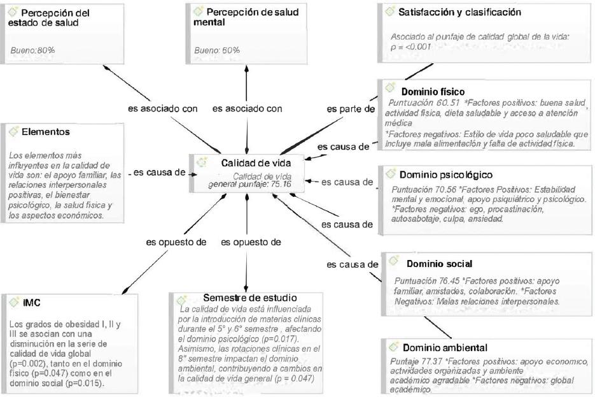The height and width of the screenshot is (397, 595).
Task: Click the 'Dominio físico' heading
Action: click(x=433, y=92)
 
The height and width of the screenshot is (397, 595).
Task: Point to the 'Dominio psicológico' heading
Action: click(x=445, y=174)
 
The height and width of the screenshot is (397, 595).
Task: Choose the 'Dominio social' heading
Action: click(x=439, y=263)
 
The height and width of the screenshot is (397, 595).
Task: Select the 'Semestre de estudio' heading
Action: click(x=249, y=298)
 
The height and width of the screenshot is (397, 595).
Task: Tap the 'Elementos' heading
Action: click(x=45, y=132)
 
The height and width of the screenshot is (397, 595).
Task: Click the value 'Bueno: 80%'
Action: click(x=32, y=49)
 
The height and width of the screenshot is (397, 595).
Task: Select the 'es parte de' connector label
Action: click(x=351, y=109)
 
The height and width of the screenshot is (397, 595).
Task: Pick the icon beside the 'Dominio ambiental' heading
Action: click(x=393, y=347)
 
